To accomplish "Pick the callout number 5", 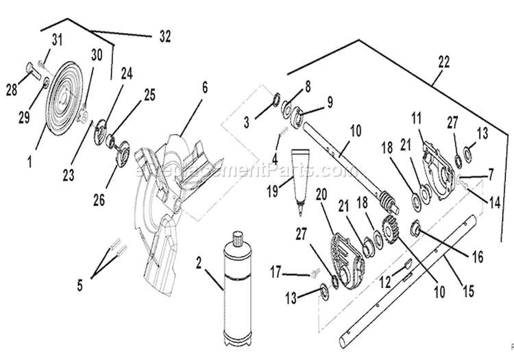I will [79, 284].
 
